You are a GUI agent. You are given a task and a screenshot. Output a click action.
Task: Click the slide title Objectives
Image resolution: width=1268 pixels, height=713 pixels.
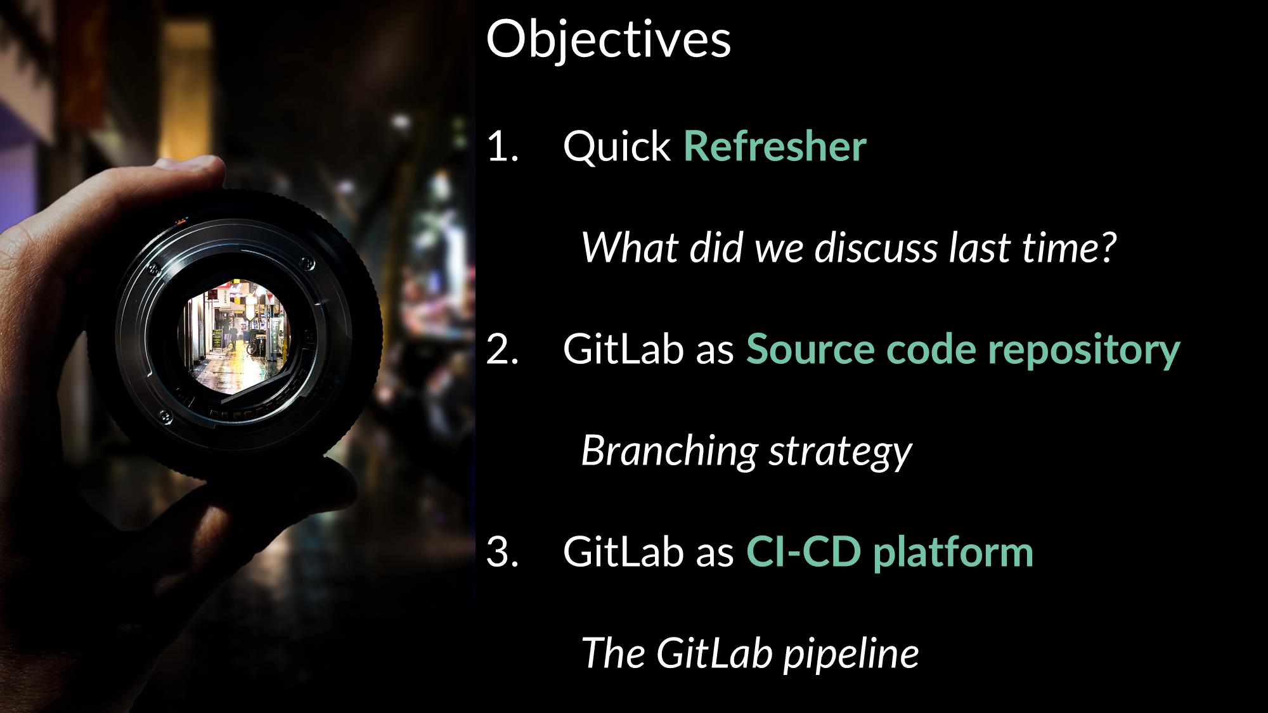[x=608, y=39]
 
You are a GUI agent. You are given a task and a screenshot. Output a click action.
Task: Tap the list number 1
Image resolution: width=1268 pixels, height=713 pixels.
[x=502, y=146]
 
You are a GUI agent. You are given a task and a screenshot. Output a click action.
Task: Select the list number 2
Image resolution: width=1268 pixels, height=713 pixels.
[x=502, y=349]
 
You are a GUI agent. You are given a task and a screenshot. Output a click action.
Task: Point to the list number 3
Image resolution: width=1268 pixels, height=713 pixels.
[x=502, y=552]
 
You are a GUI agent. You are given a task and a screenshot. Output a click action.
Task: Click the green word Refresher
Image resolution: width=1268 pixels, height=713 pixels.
[x=774, y=146]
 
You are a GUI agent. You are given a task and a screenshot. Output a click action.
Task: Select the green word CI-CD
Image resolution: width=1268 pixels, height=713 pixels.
[x=803, y=552]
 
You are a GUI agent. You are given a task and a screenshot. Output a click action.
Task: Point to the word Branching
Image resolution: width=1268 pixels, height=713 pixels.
[x=669, y=452]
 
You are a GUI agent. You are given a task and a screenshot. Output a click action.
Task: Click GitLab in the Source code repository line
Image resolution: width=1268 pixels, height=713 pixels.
[x=622, y=349]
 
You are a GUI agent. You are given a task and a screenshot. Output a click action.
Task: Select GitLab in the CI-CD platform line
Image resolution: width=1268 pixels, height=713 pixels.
[x=622, y=552]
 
